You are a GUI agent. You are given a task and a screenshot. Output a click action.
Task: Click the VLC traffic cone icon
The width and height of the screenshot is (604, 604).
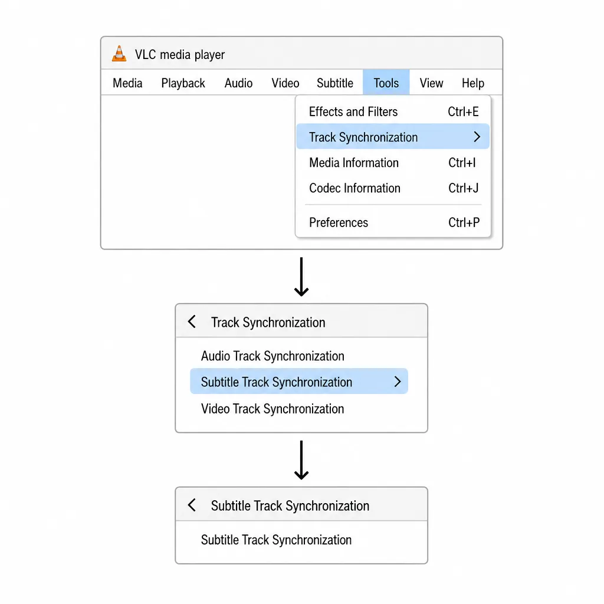pos(119,54)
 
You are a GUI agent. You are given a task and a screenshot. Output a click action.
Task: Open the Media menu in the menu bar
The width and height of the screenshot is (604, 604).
pos(127,83)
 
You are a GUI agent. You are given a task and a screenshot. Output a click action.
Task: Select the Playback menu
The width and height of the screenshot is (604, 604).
pos(183,83)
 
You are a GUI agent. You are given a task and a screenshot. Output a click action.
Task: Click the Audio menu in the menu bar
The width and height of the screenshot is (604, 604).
pos(238,83)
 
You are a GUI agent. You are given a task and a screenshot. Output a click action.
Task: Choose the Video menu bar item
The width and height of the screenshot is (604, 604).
pos(285,83)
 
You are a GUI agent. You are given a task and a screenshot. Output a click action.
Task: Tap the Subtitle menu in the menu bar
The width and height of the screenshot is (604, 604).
pos(335,83)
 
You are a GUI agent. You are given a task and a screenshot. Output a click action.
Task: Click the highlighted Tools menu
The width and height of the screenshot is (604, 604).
pos(386,83)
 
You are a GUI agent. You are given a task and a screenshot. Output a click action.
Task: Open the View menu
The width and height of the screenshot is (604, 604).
pos(431,83)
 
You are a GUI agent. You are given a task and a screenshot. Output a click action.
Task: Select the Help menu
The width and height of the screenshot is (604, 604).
pos(473,83)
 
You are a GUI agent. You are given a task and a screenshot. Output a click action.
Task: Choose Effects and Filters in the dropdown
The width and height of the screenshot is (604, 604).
pos(353,111)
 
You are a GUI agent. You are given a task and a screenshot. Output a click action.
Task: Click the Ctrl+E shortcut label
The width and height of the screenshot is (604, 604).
pos(464,111)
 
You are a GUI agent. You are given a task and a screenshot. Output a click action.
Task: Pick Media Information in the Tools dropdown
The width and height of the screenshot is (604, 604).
pos(354,163)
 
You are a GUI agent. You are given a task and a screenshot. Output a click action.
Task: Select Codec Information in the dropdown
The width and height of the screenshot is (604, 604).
pos(354,188)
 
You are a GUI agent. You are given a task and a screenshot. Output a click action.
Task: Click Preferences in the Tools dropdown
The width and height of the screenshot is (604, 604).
pos(339,222)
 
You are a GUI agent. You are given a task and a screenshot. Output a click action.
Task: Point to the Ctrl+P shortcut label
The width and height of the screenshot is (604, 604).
pos(464,222)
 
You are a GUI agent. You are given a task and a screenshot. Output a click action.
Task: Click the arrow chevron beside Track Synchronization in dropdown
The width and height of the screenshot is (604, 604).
pos(477,137)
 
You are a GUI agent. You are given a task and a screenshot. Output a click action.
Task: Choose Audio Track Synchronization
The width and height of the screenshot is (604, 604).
pos(273,356)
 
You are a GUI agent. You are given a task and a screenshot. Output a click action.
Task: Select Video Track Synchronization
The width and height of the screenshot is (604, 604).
pos(273,409)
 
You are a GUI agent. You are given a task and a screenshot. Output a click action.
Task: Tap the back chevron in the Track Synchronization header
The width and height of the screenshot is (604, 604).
pos(192,321)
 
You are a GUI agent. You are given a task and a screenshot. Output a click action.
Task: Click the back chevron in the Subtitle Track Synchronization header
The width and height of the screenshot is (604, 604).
pos(192,505)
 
